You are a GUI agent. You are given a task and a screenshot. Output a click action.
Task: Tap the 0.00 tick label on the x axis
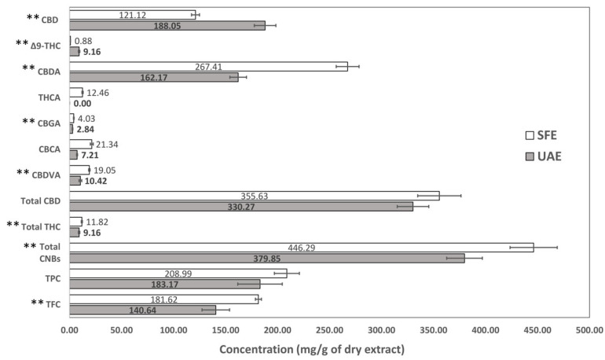pos(70,331)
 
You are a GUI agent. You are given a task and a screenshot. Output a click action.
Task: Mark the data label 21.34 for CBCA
pos(106,144)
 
